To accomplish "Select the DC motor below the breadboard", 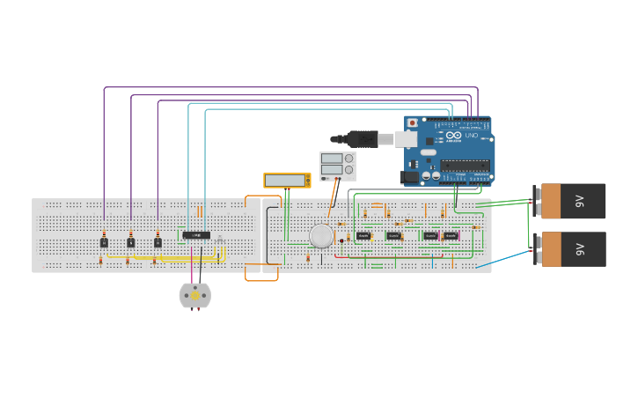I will click(194, 295).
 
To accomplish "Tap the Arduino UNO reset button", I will click(412, 123).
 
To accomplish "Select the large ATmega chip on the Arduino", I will click(465, 165).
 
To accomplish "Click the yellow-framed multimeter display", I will click(287, 180).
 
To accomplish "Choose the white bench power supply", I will click(337, 166).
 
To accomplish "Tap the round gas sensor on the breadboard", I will click(321, 235).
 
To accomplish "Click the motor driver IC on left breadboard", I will click(196, 235).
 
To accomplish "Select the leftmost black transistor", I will click(104, 242).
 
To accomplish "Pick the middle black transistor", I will click(130, 242).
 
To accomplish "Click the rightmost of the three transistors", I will click(158, 242).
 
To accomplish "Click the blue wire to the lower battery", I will click(506, 258).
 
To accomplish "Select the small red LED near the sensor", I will click(341, 240).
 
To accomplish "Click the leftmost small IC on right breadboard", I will click(363, 236).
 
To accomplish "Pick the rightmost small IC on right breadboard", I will click(450, 236).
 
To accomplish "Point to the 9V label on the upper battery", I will click(580, 201).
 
